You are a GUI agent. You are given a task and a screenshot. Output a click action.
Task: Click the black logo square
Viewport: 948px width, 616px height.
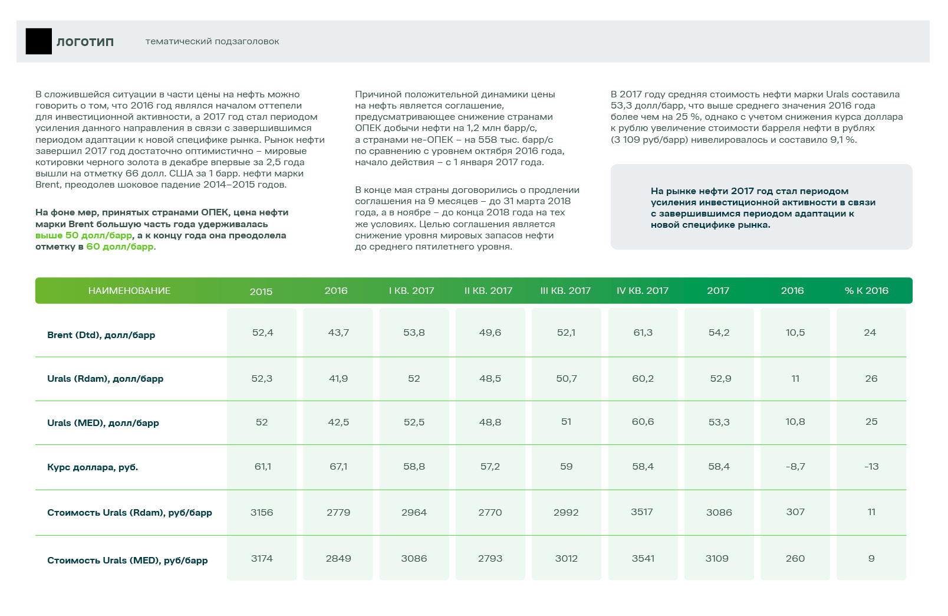click(x=39, y=41)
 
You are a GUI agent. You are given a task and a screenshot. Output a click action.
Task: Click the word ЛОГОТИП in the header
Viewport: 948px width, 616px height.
click(x=85, y=42)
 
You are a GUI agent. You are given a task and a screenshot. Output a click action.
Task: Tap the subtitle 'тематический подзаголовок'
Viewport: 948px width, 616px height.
click(x=212, y=41)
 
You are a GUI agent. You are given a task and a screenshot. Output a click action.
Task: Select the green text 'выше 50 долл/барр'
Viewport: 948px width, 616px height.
click(x=84, y=235)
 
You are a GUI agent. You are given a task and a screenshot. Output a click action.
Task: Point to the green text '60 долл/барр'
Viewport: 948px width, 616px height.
click(x=120, y=247)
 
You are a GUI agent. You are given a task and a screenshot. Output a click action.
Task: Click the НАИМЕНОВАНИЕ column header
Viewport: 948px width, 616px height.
click(x=129, y=291)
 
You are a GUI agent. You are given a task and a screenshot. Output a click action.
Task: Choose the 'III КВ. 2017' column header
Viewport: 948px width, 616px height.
click(x=565, y=291)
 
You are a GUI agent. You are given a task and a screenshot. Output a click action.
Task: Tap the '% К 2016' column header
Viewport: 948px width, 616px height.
click(x=866, y=291)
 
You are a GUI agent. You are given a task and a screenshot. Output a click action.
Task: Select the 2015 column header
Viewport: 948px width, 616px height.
click(x=261, y=291)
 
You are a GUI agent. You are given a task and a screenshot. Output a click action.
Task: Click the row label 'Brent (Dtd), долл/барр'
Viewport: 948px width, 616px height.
click(x=101, y=335)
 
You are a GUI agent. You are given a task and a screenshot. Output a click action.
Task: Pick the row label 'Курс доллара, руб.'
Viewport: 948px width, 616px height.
click(x=93, y=467)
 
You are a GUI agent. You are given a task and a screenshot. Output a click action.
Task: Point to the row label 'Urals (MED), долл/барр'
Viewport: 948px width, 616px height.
click(x=103, y=423)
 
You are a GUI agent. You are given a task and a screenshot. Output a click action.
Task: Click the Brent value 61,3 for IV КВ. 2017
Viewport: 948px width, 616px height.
click(x=643, y=333)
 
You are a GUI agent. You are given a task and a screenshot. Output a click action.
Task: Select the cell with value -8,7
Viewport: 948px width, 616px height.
click(x=795, y=467)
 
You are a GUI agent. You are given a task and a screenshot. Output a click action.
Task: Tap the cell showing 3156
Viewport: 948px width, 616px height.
click(x=262, y=513)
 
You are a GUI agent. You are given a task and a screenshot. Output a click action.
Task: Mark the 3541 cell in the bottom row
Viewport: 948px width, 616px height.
click(x=643, y=559)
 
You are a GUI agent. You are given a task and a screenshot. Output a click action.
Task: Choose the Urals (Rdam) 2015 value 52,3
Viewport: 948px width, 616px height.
click(x=262, y=379)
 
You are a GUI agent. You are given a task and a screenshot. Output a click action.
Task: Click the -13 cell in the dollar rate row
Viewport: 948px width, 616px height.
click(x=871, y=467)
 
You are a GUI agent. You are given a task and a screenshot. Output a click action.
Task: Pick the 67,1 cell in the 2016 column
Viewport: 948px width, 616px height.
click(x=338, y=467)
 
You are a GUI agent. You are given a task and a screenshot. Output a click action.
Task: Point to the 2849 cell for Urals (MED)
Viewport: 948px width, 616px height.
click(x=338, y=559)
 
